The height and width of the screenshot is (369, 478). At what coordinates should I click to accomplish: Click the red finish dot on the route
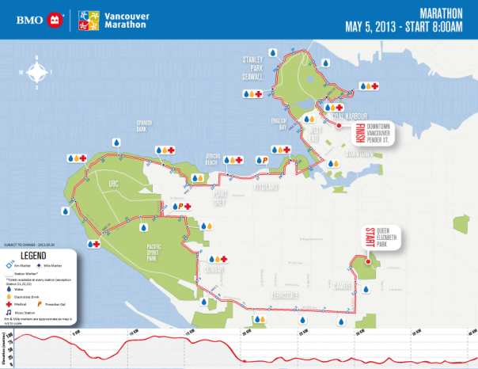338,125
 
